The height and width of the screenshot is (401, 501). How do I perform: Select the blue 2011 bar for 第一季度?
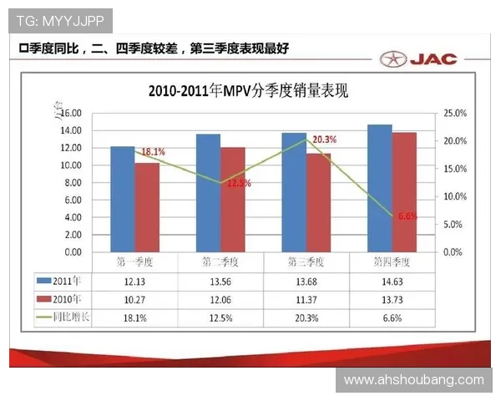click(x=122, y=199)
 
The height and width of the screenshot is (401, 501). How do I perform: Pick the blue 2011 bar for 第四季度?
click(x=379, y=188)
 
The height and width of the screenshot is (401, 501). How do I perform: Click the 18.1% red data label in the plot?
click(x=153, y=152)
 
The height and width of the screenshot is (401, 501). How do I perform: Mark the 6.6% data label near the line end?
click(x=407, y=216)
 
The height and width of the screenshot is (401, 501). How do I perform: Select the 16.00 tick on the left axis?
click(x=70, y=113)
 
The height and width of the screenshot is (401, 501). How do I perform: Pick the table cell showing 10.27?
click(x=135, y=298)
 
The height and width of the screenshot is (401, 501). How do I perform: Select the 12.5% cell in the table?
click(x=220, y=317)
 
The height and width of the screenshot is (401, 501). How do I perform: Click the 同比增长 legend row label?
click(x=69, y=317)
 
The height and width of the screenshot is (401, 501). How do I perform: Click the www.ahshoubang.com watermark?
click(x=413, y=380)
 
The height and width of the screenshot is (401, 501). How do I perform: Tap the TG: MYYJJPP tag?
click(x=59, y=18)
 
